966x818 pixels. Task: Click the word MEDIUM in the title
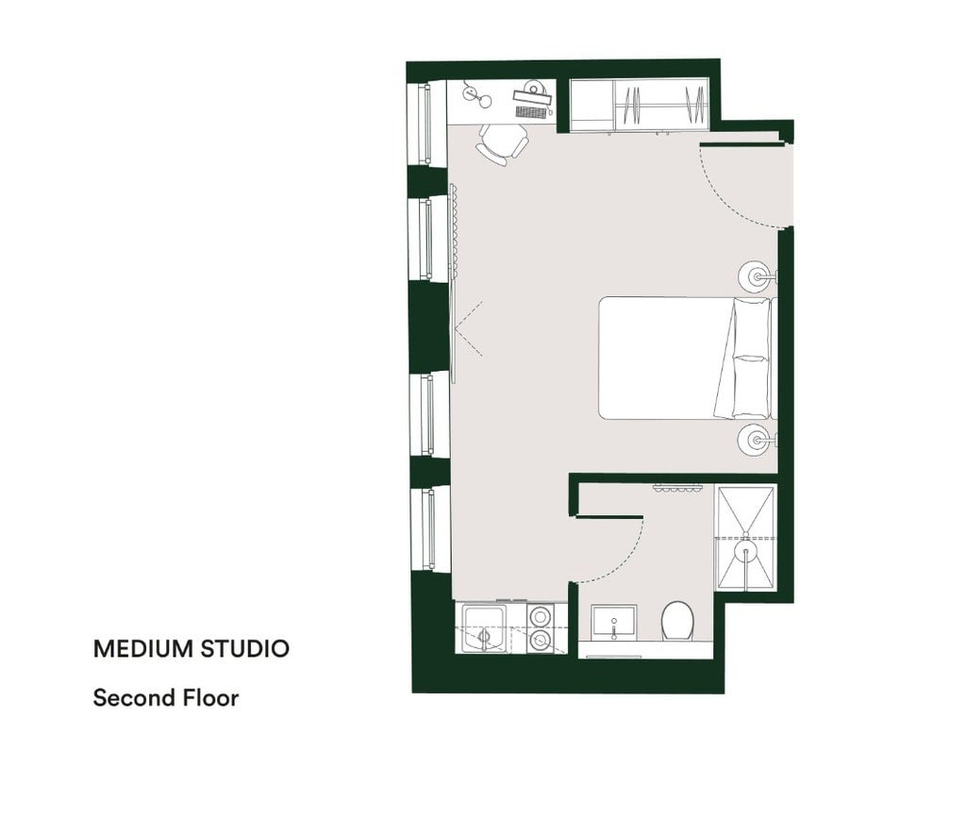(135, 648)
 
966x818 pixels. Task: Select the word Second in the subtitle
(134, 698)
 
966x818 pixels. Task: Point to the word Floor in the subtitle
(210, 698)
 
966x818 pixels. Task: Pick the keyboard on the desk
(532, 111)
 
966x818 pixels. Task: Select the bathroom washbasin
(613, 622)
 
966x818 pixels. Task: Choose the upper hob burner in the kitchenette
(541, 615)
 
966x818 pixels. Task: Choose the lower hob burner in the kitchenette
(541, 641)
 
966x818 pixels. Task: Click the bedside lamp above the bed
(754, 276)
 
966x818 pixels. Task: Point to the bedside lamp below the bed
(754, 440)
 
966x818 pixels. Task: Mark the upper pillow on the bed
(750, 327)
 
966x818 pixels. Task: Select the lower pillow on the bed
(750, 386)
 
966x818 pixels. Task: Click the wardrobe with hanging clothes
(640, 106)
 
